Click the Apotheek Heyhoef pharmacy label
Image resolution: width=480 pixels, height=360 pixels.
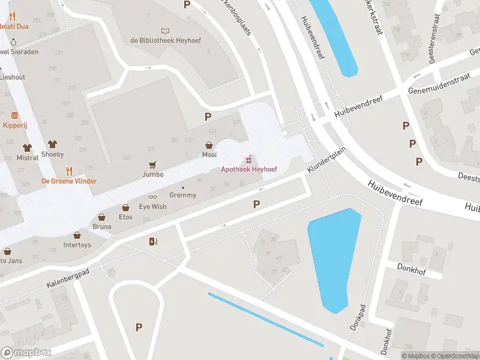coord(248,170)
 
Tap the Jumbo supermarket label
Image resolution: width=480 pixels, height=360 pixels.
coord(152,175)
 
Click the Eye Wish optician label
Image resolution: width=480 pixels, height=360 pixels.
coord(152,206)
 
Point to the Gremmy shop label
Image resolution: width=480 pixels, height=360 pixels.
coord(182,195)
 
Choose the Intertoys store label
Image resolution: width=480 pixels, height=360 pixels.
coord(77,245)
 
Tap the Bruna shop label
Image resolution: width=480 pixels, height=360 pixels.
coord(101,226)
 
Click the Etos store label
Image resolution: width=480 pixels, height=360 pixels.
coord(125,217)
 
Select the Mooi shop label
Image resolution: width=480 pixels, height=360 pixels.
coord(209,154)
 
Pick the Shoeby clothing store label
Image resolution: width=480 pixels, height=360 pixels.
coord(52,154)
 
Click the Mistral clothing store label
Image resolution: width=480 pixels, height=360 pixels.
coord(26,158)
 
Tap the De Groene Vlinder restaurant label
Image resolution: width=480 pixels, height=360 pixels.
coord(69,181)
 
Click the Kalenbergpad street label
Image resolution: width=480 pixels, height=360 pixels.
coord(67,280)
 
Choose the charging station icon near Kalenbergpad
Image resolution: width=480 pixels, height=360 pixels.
coord(154,242)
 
